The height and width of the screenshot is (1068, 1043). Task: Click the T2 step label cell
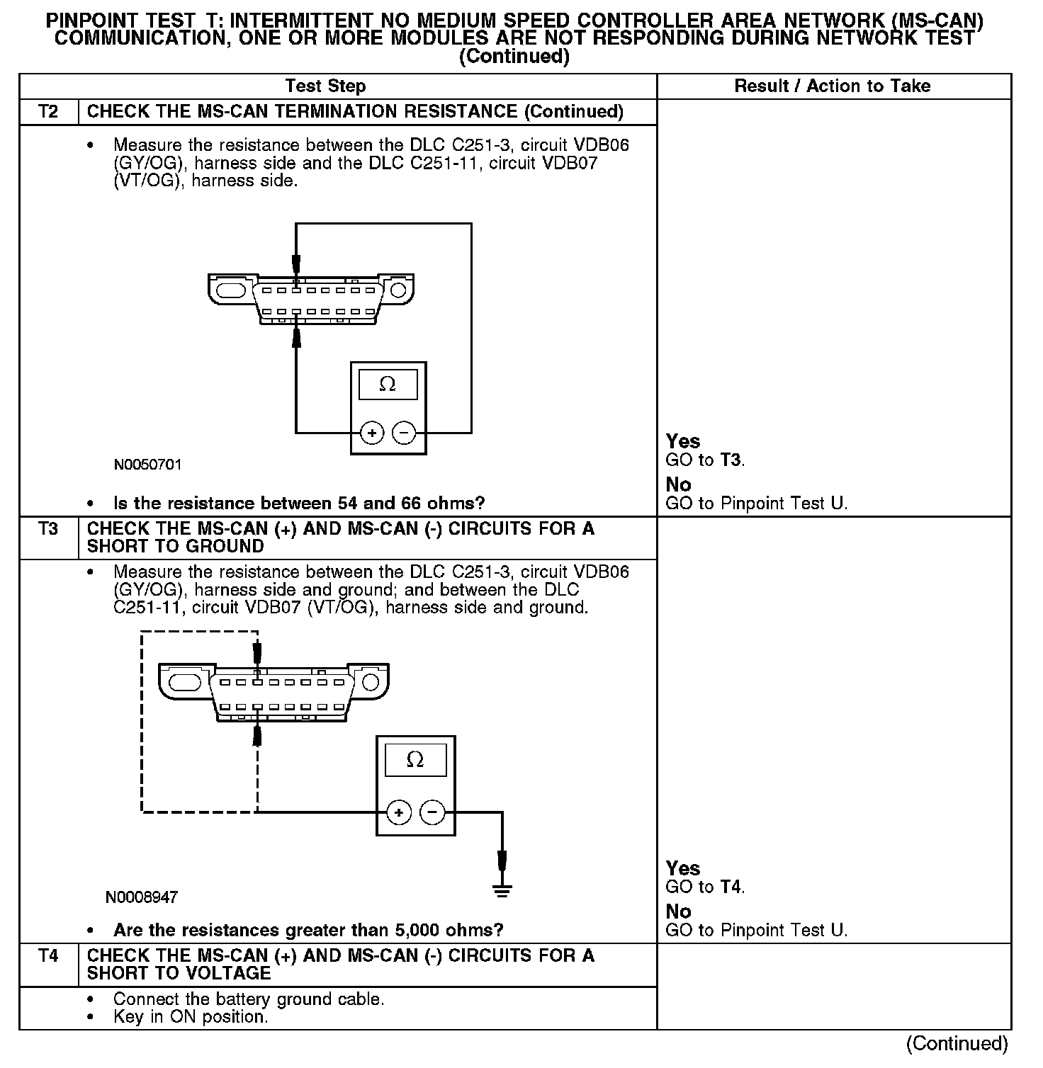point(48,112)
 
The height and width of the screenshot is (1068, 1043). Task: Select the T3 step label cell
point(48,529)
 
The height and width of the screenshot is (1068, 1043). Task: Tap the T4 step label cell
point(48,956)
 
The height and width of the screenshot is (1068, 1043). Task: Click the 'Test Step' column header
point(325,86)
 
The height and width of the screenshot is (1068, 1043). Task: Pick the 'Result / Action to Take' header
point(832,86)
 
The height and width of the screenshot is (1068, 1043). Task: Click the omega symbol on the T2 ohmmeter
point(388,385)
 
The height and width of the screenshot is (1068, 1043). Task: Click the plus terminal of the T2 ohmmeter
point(372,432)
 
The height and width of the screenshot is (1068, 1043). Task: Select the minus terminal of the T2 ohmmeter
point(404,432)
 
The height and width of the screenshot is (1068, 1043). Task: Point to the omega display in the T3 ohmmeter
point(415,760)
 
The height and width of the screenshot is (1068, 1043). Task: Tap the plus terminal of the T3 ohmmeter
point(399,812)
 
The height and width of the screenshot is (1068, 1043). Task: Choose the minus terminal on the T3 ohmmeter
point(433,812)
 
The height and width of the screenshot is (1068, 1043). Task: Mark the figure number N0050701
point(147,465)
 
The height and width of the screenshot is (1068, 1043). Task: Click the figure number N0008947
point(141,897)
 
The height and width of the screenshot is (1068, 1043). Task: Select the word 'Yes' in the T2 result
point(683,441)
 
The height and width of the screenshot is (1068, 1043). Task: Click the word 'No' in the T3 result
point(678,911)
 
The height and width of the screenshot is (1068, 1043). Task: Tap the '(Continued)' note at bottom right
point(957,1043)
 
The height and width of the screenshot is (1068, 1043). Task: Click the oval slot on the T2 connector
point(230,291)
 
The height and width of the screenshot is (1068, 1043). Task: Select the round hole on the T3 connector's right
point(371,682)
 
